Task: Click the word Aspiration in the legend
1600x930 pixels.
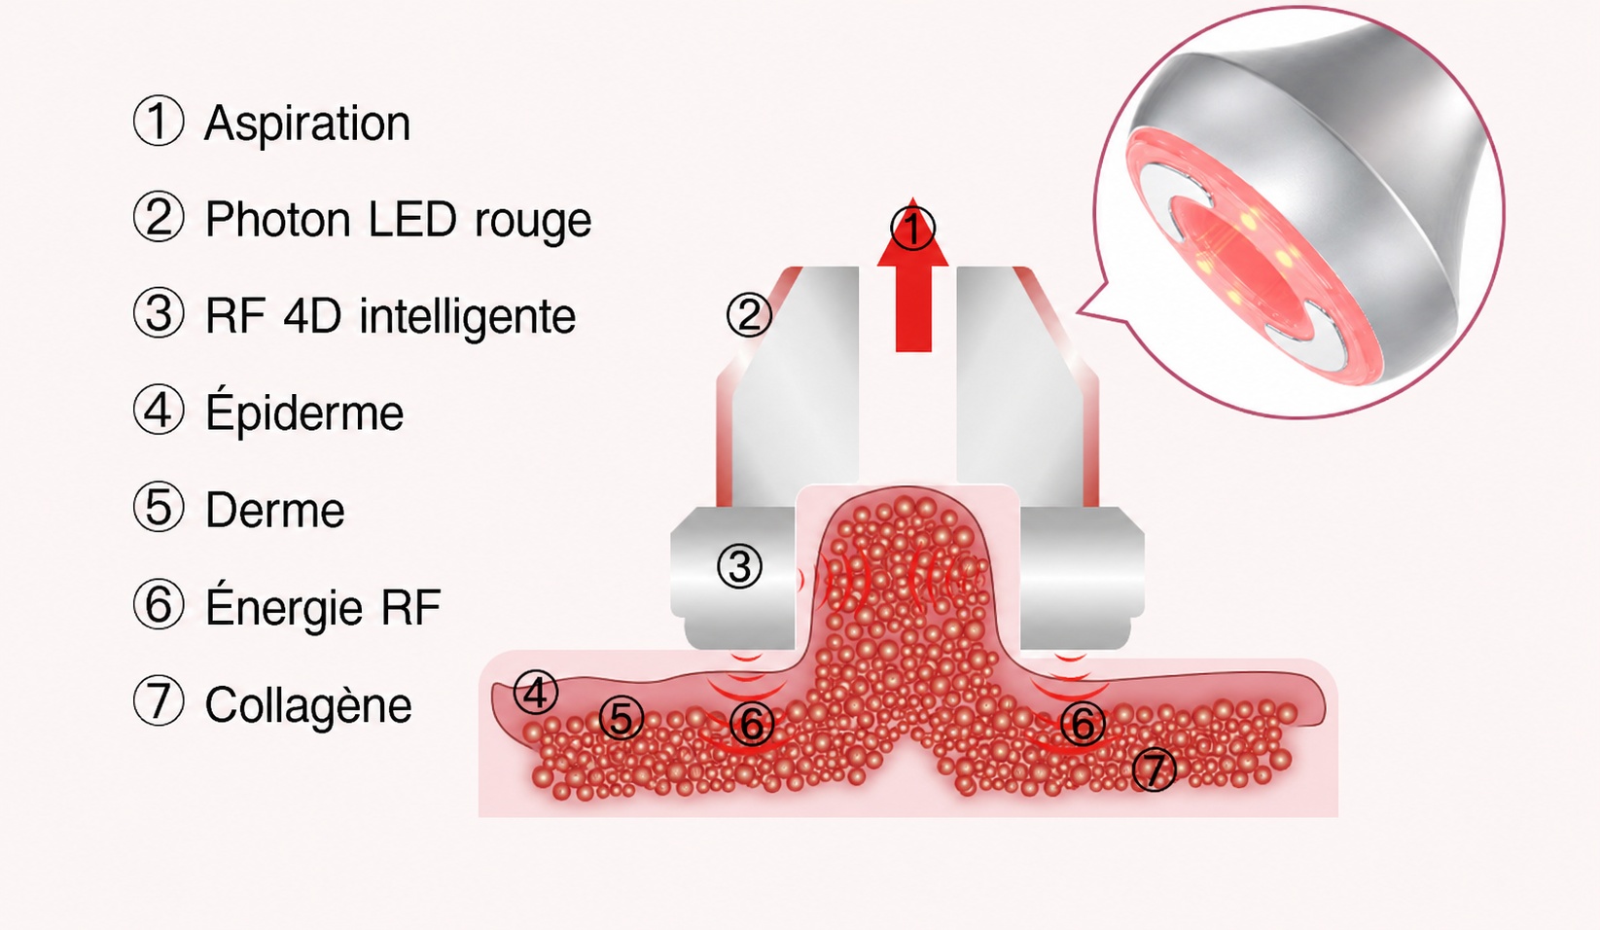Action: [x=307, y=125]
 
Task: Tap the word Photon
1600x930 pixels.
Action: [x=277, y=219]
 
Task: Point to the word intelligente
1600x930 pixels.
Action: [x=467, y=317]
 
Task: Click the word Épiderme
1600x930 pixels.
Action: [x=304, y=412]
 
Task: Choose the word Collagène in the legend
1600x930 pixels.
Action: [x=308, y=705]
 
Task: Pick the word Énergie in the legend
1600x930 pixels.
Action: [x=284, y=606]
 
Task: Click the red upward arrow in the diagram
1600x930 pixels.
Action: [x=913, y=274]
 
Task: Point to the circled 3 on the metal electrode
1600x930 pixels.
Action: [x=739, y=566]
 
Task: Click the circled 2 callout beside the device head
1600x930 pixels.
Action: [x=749, y=315]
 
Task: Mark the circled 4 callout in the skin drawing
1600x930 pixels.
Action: [x=536, y=692]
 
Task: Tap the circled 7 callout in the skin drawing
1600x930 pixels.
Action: [x=1155, y=769]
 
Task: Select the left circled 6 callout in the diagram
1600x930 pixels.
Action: [x=752, y=724]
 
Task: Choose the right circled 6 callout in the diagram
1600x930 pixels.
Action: [x=1083, y=723]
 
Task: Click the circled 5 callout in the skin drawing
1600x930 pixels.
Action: [x=621, y=717]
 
